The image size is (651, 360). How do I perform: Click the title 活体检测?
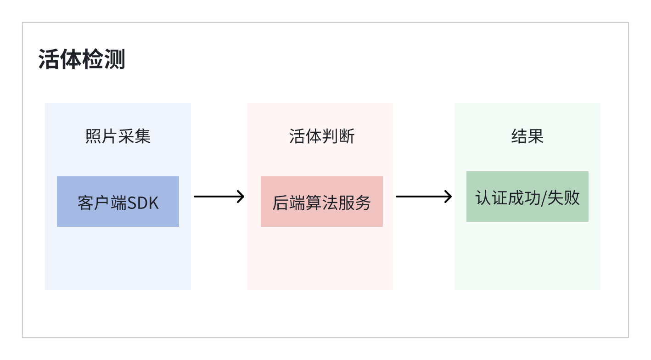82,60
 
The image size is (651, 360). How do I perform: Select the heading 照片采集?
118,136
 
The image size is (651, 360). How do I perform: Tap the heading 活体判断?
322,136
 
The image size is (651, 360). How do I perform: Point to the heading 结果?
528,136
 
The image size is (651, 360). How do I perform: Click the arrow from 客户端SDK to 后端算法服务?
219,197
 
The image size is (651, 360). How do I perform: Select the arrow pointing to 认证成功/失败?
423,197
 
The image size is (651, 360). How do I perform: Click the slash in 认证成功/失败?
545,198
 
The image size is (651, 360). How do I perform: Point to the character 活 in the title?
49,60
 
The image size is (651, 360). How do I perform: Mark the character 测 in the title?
115,60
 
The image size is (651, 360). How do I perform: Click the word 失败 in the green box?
564,198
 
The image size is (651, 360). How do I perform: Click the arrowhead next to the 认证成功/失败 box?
449,197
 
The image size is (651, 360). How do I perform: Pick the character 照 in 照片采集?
93,136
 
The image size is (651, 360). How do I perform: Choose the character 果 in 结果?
536,136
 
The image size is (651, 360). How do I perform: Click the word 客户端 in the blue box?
102,202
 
